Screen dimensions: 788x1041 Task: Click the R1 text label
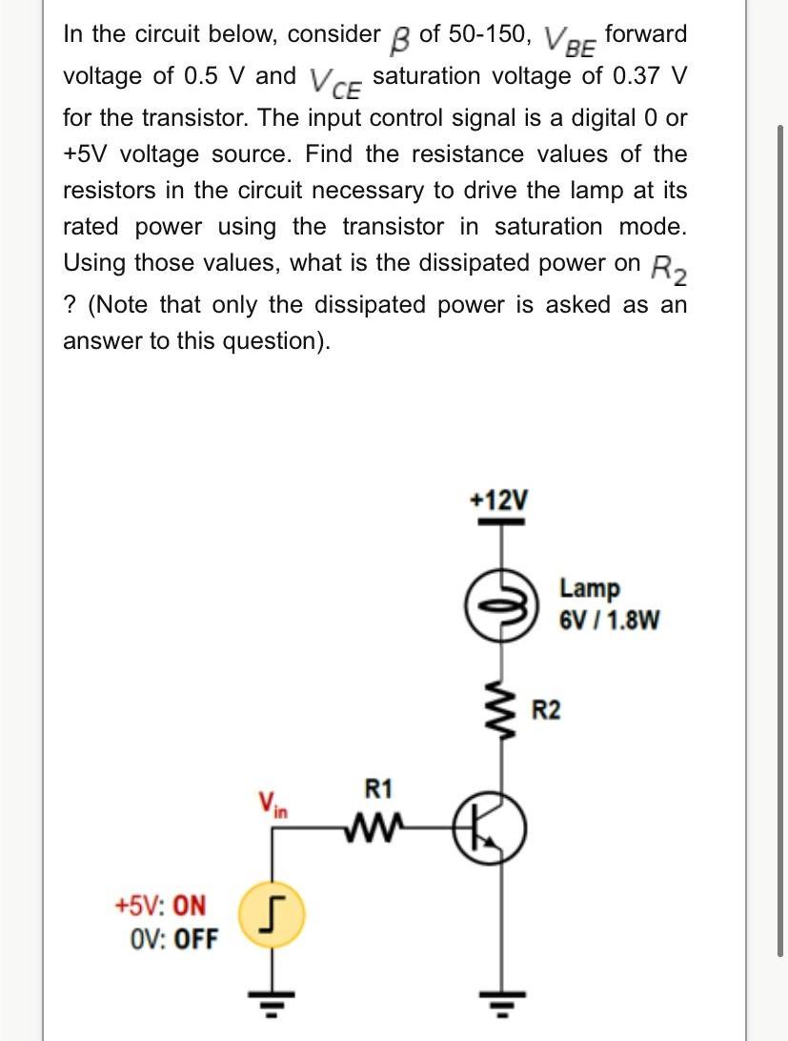click(x=378, y=789)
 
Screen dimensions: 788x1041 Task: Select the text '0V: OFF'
click(x=172, y=940)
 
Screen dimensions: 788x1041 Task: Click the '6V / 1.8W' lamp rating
click(x=607, y=621)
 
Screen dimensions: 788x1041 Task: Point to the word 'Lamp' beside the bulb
click(x=589, y=588)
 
